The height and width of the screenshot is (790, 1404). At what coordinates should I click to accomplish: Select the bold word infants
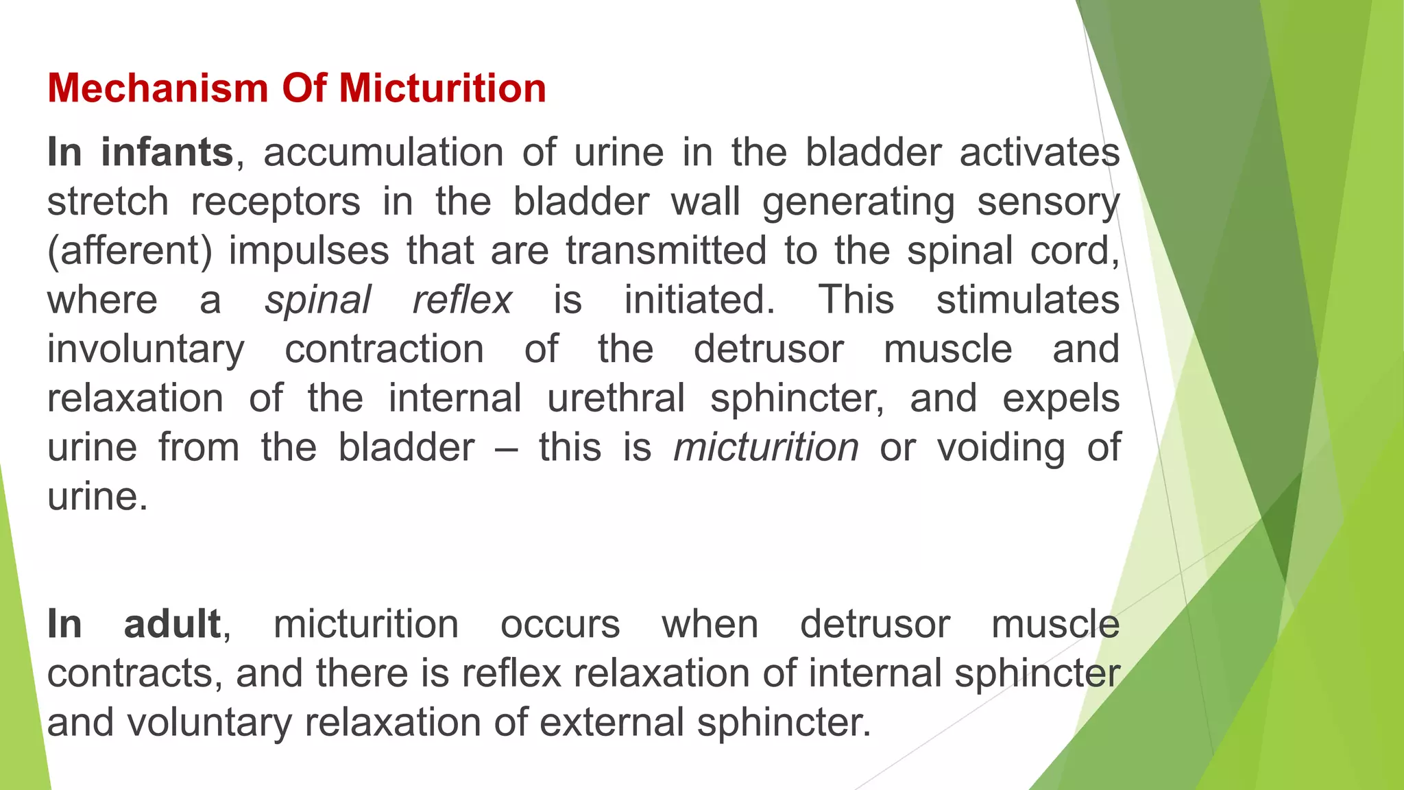pos(167,152)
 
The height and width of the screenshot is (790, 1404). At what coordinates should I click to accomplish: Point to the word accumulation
pos(383,152)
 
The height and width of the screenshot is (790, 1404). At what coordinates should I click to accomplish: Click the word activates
pos(1039,152)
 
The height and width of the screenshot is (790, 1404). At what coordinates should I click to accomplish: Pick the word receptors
pos(276,202)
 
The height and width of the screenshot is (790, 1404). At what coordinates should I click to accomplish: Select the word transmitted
pos(666,251)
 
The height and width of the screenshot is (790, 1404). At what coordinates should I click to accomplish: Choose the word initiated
pos(699,300)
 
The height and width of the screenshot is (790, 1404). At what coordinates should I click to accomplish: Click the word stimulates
pos(1028,300)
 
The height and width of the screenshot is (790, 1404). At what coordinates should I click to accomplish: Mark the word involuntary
pos(145,350)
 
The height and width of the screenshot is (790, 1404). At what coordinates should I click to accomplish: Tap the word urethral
pos(616,398)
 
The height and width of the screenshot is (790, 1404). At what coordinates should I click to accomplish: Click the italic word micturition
pos(766,448)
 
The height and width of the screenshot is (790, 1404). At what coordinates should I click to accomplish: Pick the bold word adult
pos(172,624)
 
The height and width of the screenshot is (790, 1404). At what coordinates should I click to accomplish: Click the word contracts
pos(134,673)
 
